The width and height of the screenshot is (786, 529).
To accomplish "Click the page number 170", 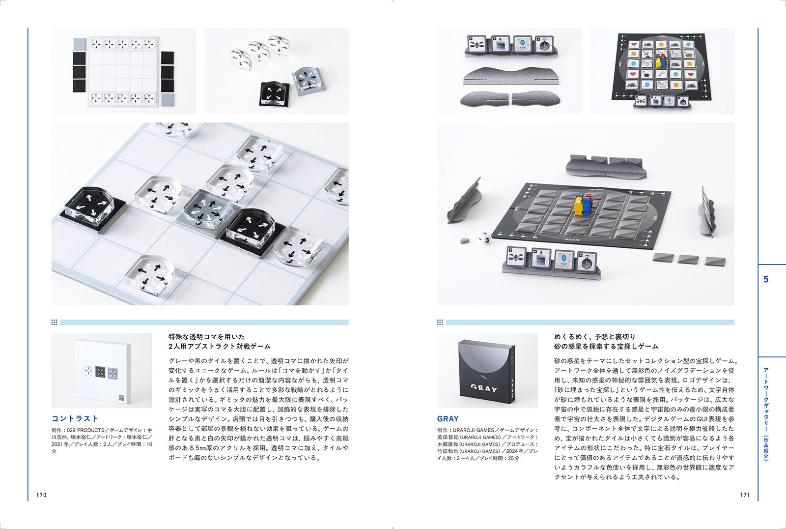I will pyautogui.click(x=41, y=495).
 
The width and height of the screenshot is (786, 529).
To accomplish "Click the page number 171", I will pyautogui.click(x=745, y=495).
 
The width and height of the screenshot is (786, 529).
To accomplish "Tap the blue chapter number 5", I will pyautogui.click(x=765, y=279).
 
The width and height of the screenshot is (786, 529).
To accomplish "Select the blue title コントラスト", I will pyautogui.click(x=75, y=418).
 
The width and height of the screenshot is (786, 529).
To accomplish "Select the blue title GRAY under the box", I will pyautogui.click(x=448, y=418).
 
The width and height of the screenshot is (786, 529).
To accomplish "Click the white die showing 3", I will pyautogui.click(x=485, y=239).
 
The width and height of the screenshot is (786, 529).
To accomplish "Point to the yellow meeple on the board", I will pyautogui.click(x=579, y=206).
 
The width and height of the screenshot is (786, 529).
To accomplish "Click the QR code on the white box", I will pyautogui.click(x=121, y=397).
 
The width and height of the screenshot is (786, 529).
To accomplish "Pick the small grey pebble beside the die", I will pyautogui.click(x=464, y=240).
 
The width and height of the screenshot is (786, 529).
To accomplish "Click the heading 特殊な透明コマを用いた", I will pyautogui.click(x=206, y=337).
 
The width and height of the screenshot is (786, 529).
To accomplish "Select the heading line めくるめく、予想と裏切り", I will pyautogui.click(x=594, y=337).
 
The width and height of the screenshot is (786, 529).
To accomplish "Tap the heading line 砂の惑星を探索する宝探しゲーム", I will pyautogui.click(x=606, y=347).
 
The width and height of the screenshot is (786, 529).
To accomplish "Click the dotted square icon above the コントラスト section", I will pyautogui.click(x=54, y=323).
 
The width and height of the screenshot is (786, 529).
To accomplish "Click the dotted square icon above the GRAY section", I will pyautogui.click(x=440, y=323).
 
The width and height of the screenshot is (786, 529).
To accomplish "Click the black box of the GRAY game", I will pyautogui.click(x=486, y=371).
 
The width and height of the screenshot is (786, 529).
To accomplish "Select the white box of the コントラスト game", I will pyautogui.click(x=103, y=371).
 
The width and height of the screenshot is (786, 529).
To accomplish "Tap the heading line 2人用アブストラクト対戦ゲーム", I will pyautogui.click(x=219, y=347).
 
